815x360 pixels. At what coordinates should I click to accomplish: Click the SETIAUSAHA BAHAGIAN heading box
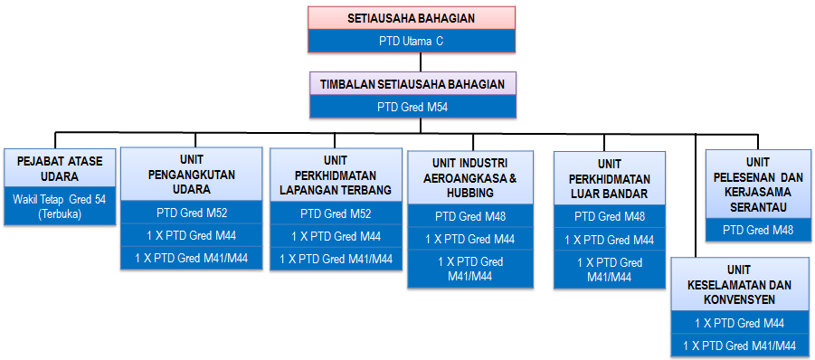(411, 18)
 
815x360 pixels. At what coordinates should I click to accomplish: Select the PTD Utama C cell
(411, 41)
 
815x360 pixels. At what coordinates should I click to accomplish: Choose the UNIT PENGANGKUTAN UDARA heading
(191, 175)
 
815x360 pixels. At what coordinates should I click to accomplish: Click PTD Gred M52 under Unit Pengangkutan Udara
(191, 214)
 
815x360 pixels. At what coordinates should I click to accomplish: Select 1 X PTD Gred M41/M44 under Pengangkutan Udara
(191, 259)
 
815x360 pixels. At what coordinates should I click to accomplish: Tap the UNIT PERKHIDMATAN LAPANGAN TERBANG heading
(336, 175)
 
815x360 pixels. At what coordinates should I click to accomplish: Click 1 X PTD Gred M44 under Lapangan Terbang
(336, 237)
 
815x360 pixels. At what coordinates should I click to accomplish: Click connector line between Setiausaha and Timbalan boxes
(421, 62)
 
